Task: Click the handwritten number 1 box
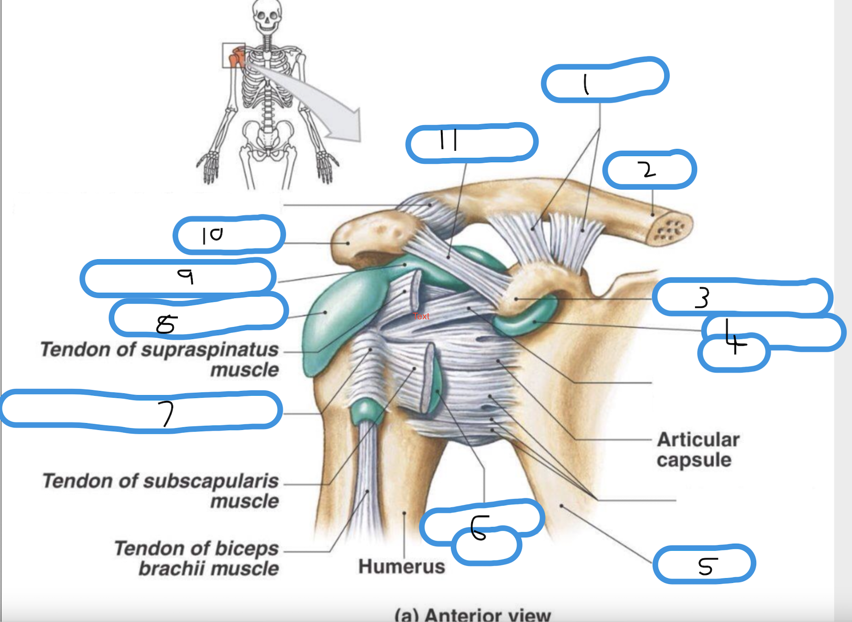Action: [x=604, y=80]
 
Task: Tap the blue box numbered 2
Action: [x=649, y=169]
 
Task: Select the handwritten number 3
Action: [x=702, y=298]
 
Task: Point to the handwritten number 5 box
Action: [x=704, y=564]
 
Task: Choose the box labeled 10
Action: [x=229, y=234]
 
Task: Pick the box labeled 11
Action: [x=472, y=142]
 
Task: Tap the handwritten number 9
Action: [x=186, y=277]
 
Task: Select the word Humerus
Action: [x=401, y=567]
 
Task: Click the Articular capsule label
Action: [x=697, y=450]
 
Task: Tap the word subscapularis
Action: [x=211, y=481]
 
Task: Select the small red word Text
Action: [x=421, y=316]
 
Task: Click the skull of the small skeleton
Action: [x=267, y=15]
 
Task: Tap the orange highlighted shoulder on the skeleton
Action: [x=237, y=57]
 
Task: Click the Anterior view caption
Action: [x=472, y=615]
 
